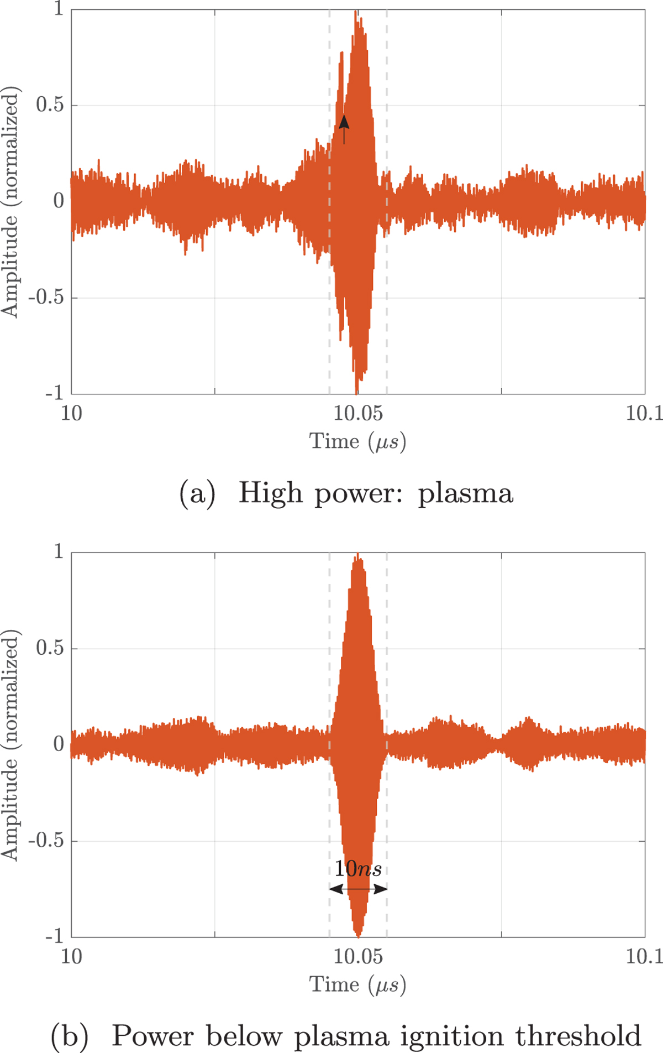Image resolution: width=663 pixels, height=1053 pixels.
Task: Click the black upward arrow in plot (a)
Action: (x=344, y=129)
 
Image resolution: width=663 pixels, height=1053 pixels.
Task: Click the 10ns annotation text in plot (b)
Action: (x=358, y=869)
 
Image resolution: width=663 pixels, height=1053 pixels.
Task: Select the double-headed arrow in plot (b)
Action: (x=358, y=889)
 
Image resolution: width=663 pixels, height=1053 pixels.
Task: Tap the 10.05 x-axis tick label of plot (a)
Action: (x=358, y=413)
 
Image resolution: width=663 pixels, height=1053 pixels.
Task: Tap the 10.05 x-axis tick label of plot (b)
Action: (x=358, y=956)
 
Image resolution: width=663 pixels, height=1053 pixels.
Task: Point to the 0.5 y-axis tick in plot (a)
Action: (x=50, y=105)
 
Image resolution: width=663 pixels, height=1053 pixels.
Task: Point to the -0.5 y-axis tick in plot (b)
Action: (x=46, y=841)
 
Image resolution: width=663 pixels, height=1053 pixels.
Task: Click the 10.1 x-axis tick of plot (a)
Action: (x=644, y=413)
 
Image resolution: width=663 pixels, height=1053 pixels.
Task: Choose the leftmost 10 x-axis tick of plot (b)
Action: (x=71, y=956)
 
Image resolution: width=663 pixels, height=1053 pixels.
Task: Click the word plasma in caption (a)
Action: (x=465, y=493)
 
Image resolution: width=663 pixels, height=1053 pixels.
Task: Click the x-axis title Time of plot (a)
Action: (x=334, y=441)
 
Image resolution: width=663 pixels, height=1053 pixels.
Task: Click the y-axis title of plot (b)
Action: (x=10, y=744)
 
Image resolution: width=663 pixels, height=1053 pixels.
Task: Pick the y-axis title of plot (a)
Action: (x=10, y=202)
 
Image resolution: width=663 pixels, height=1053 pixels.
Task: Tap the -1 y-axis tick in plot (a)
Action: (x=54, y=393)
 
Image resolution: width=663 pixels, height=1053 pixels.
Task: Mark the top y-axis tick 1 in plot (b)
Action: (x=59, y=551)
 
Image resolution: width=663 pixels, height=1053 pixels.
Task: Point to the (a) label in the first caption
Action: (x=197, y=493)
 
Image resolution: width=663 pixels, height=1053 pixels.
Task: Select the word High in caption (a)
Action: (x=271, y=492)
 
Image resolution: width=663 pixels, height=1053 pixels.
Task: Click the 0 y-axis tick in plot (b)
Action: (x=59, y=744)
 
